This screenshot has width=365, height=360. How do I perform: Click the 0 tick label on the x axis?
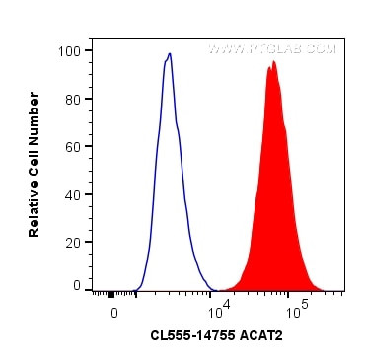point(114,312)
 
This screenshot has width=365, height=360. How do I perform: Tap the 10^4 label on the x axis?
point(218,311)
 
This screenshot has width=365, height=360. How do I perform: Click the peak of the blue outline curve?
point(170,54)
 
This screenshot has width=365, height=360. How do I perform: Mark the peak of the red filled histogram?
point(273,62)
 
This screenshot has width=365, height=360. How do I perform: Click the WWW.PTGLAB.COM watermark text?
point(272,48)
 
